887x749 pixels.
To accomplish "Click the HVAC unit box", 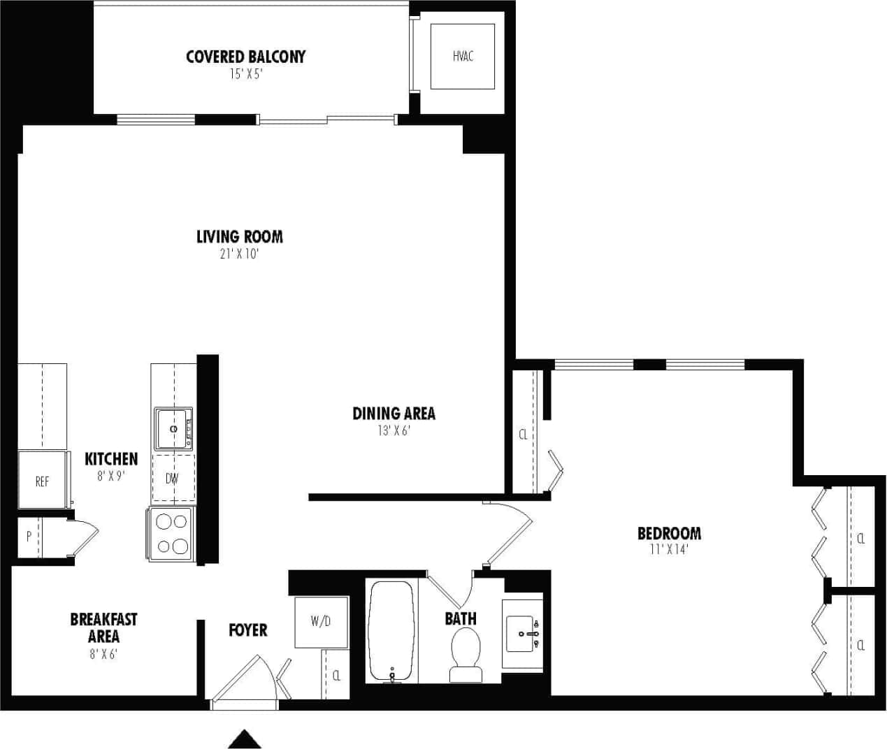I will coord(462,57).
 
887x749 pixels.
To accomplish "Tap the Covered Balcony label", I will coord(245,57).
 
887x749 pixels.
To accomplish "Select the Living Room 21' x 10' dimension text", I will coord(239,254).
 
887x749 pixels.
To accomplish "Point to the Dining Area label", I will coord(394,413).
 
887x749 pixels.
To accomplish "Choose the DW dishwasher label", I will coord(172,479).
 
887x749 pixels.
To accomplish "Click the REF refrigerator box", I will coord(42,481).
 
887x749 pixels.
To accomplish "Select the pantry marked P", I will coord(29,537).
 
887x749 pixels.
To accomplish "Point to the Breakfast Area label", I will coord(103,627).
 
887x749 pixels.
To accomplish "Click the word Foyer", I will coord(248,630).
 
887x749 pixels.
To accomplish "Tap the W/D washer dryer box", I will coord(321,621).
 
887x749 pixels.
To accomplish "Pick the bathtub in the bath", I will coord(391,631).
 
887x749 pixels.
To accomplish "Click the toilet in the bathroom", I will coord(465,653).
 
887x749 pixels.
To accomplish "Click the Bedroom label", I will coord(669,533).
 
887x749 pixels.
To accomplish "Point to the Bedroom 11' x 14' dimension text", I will coord(669,550).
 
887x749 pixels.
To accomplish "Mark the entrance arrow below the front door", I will coord(245,739).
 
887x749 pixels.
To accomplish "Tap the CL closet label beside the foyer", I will coord(336,675).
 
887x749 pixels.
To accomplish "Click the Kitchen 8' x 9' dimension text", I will coord(110,477).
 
